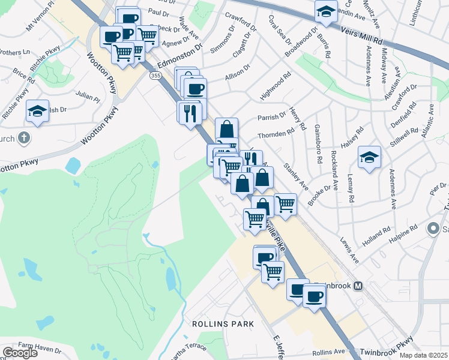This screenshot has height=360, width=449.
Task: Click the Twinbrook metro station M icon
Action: pyautogui.click(x=358, y=286)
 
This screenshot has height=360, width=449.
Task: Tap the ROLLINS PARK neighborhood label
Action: pyautogui.click(x=222, y=324)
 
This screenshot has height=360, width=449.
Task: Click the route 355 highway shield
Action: pyautogui.click(x=156, y=76)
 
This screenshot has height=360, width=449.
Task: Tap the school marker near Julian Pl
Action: pyautogui.click(x=37, y=111)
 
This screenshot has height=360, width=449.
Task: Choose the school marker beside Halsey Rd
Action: pyautogui.click(x=369, y=157)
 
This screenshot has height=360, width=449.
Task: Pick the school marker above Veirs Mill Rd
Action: pyautogui.click(x=326, y=11)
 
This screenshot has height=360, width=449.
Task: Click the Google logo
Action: pyautogui.click(x=20, y=352)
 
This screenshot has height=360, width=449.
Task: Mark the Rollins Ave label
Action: pyautogui.click(x=328, y=352)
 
